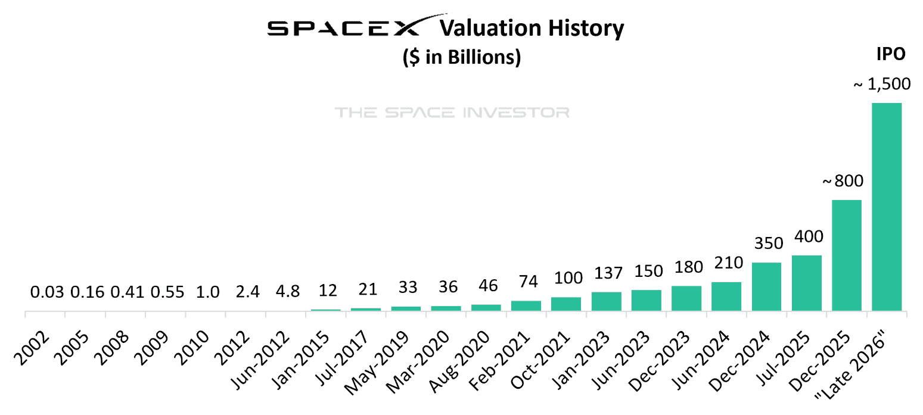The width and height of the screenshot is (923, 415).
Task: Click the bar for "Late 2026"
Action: coord(887,207)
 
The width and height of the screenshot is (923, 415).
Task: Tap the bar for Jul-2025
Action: coord(807,283)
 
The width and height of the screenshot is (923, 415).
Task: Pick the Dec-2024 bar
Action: coord(766,286)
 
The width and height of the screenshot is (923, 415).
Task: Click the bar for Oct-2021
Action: coord(566,304)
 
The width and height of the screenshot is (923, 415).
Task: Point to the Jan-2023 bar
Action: coord(606,301)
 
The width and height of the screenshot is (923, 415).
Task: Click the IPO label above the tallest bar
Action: coord(890,54)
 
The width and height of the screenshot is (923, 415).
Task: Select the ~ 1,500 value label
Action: coord(882,85)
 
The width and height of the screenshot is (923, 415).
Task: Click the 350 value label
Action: coord(767,244)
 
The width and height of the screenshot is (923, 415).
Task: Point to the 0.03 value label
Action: coord(46,292)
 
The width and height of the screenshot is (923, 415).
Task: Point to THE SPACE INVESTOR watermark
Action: coord(452,113)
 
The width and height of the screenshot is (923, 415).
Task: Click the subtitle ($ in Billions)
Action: coord(462,58)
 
